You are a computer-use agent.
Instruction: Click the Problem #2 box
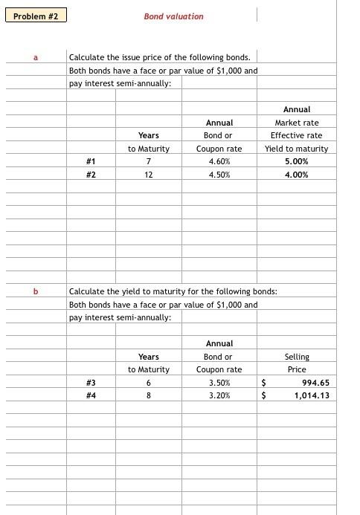pos(35,16)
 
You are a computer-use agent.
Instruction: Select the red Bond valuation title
pos(173,16)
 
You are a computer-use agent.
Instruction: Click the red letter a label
pos(35,56)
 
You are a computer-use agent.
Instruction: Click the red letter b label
pos(35,291)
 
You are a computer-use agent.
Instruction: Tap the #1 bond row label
pos(91,161)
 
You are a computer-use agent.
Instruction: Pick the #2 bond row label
pos(91,175)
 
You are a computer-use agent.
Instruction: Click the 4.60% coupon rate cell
pos(219,161)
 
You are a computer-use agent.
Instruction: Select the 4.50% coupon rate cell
pos(219,175)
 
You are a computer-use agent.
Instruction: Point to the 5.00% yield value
pos(296,161)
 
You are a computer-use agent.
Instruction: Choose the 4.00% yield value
pos(296,175)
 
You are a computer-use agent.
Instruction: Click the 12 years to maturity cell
pos(149,175)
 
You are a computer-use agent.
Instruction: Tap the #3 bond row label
pos(91,383)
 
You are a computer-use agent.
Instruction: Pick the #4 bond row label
pos(91,395)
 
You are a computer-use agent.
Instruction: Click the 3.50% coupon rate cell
pos(219,383)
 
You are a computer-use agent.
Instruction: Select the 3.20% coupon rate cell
pos(219,395)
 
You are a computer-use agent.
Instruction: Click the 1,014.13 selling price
pos(312,395)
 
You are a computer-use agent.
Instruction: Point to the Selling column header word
pos(297,357)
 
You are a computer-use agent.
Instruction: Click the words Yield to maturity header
pos(296,149)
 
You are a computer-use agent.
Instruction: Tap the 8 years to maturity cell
pos(149,395)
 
